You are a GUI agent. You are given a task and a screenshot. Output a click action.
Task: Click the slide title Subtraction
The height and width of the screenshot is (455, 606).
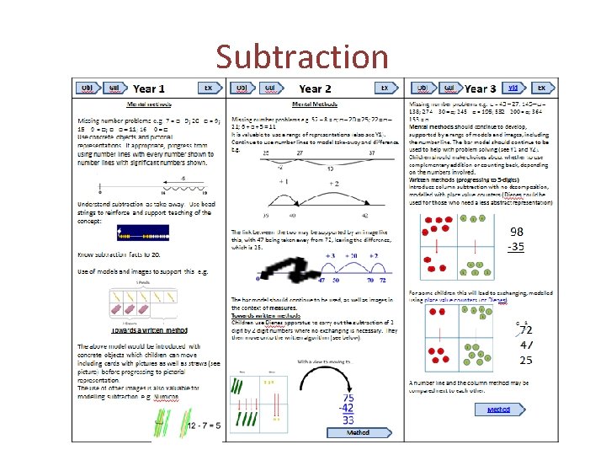pyautogui.click(x=301, y=56)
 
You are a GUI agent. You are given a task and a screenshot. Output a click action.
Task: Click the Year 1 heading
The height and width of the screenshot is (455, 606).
pyautogui.click(x=149, y=88)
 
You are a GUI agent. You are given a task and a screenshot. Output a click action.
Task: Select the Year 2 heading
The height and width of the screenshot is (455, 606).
pyautogui.click(x=315, y=88)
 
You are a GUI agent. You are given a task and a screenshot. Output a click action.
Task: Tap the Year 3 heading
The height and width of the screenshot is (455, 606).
pyautogui.click(x=480, y=88)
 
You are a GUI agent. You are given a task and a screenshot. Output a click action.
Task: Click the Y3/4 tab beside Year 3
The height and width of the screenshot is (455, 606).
pyautogui.click(x=513, y=88)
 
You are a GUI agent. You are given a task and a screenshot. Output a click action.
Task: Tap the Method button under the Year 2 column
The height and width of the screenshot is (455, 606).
pyautogui.click(x=358, y=432)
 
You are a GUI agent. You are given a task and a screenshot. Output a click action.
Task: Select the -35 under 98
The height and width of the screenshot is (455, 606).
pyautogui.click(x=517, y=246)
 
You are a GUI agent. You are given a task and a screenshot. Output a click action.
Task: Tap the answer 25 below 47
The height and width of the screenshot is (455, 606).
pyautogui.click(x=525, y=360)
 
